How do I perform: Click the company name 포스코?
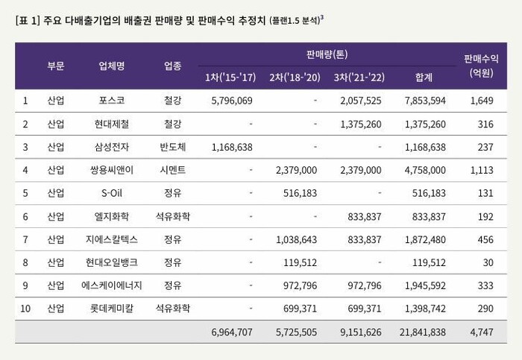tap(112, 101)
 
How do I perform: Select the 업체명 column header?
tap(112, 66)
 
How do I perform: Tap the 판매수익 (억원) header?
tap(481, 66)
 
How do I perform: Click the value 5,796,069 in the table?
tap(232, 101)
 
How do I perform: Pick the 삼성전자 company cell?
tap(112, 147)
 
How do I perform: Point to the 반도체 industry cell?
tap(177, 147)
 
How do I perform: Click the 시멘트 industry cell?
tap(177, 170)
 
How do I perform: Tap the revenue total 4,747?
tap(481, 332)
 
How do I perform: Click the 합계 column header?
tap(422, 77)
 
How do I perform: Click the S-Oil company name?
tap(112, 193)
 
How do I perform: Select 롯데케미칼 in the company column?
tap(112, 309)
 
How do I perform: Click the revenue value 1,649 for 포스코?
tap(481, 101)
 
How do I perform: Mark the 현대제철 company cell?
tap(112, 124)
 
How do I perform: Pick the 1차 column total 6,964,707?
tap(232, 332)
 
